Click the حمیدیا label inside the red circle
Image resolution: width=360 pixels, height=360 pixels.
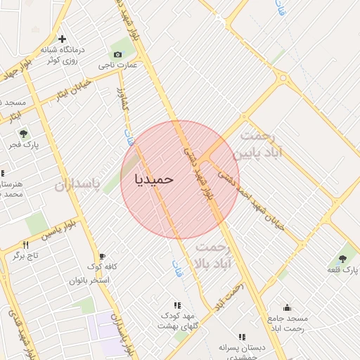point(154,179)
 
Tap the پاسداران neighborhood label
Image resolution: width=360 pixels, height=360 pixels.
point(78,185)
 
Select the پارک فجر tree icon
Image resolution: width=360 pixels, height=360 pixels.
point(24,133)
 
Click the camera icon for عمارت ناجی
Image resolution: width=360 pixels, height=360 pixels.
point(117,54)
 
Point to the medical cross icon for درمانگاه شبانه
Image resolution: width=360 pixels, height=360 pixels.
point(63,39)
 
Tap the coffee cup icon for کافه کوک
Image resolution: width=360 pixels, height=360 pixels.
point(102,256)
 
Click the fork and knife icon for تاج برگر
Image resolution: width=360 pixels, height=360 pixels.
point(26,245)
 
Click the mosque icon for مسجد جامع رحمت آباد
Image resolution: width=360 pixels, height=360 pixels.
point(287,307)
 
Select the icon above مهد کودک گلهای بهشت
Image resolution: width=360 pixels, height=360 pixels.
point(177,304)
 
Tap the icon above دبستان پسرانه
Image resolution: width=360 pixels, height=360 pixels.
point(242,337)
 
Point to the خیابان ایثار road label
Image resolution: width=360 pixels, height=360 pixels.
point(73,89)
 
